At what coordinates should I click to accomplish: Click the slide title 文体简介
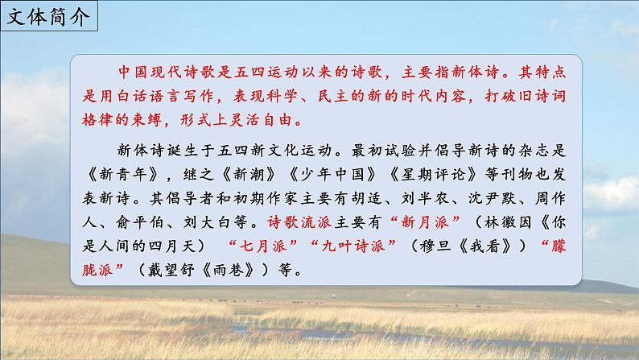(50, 16)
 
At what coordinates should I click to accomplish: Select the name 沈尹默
(521, 195)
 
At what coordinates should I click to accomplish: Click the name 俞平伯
(130, 218)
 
